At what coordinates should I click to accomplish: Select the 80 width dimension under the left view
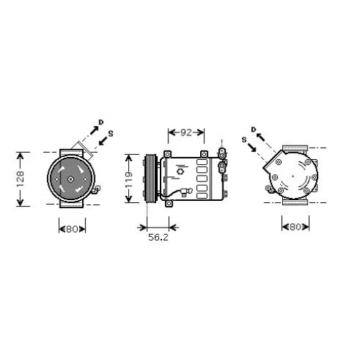(72, 230)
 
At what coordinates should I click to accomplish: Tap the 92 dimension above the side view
(186, 132)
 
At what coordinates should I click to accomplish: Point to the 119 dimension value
(129, 178)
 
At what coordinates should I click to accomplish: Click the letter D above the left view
(101, 122)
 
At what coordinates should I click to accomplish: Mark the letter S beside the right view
(244, 138)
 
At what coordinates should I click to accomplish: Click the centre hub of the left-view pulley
(71, 178)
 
